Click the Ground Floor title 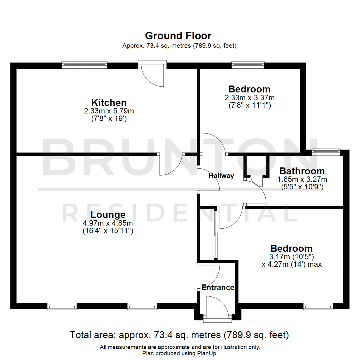click(178, 36)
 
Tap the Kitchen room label click(109, 102)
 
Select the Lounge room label click(108, 215)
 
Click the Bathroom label click(302, 171)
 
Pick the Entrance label click(218, 288)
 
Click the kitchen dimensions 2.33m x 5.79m click(109, 111)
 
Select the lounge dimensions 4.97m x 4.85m click(108, 223)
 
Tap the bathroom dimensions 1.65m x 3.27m click(302, 179)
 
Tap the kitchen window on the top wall click(84, 65)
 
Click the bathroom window click(326, 152)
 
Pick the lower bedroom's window click(318, 306)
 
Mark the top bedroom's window click(248, 65)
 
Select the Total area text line click(179, 335)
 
